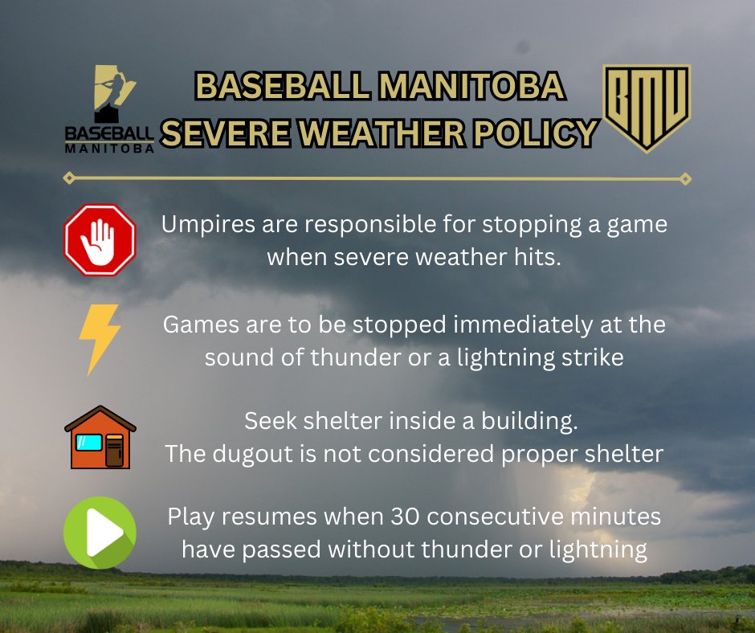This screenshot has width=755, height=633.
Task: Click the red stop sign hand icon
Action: click(100, 240)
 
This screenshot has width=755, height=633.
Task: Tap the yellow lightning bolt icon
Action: click(100, 340)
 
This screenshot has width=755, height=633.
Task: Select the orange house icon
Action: click(100, 437)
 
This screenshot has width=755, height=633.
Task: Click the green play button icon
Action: click(100, 533)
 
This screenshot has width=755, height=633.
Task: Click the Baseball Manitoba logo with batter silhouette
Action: click(109, 109)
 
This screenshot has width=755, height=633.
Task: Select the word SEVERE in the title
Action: click(226, 133)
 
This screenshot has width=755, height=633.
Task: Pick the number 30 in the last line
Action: click(405, 517)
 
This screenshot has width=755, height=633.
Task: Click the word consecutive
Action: click(495, 517)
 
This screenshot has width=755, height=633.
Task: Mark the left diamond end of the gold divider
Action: click(69, 178)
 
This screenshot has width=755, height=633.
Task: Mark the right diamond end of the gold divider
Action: click(685, 179)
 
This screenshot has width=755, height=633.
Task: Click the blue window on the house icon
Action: click(89, 443)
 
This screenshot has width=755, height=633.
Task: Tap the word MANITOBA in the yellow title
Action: click(471, 86)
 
